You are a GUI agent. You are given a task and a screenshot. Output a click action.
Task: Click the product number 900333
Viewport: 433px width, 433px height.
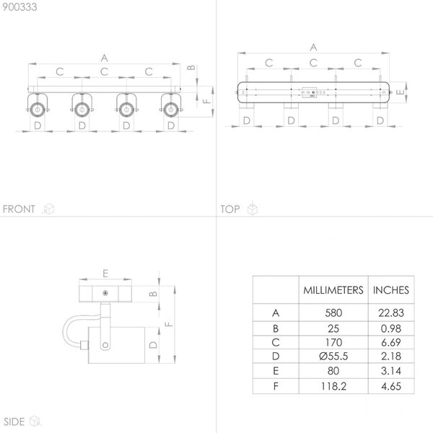tap(19, 7)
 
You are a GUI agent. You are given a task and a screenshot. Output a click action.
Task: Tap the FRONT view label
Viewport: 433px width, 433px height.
tap(19, 209)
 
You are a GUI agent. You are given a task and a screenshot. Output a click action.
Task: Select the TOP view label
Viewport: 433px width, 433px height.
tap(230, 209)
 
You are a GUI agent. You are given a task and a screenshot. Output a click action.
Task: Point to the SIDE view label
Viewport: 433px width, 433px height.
tap(14, 421)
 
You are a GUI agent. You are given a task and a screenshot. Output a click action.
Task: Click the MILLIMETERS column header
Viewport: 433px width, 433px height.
tap(333, 290)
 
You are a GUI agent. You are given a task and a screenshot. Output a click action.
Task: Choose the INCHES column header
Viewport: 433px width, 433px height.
tap(391, 290)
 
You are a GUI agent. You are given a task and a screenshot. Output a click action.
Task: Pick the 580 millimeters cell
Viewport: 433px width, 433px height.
tap(333, 313)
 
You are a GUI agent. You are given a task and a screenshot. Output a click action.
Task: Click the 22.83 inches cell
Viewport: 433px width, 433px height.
tap(391, 313)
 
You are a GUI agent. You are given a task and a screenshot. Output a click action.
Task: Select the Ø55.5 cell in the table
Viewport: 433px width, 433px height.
tap(333, 357)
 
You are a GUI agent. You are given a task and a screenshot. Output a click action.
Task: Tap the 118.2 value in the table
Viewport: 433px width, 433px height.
tap(333, 386)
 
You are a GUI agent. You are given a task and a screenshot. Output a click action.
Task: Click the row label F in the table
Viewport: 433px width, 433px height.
tap(276, 386)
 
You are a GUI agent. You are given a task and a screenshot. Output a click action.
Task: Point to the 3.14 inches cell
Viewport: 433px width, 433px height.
tap(391, 371)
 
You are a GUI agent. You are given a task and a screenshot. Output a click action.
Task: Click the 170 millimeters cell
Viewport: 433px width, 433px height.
tap(333, 342)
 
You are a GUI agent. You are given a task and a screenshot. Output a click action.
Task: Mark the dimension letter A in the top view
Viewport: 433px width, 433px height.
tap(313, 47)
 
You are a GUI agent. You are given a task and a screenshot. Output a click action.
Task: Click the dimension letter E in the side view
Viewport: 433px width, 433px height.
tap(105, 274)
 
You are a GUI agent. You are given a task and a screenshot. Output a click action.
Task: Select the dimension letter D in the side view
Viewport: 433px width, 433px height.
tap(153, 345)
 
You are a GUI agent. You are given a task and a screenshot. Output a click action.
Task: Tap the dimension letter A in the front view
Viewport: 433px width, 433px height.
tap(104, 58)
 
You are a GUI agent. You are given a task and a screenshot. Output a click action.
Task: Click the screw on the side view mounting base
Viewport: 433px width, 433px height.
tap(105, 293)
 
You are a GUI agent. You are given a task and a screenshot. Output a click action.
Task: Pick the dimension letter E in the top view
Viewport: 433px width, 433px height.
tap(400, 92)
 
